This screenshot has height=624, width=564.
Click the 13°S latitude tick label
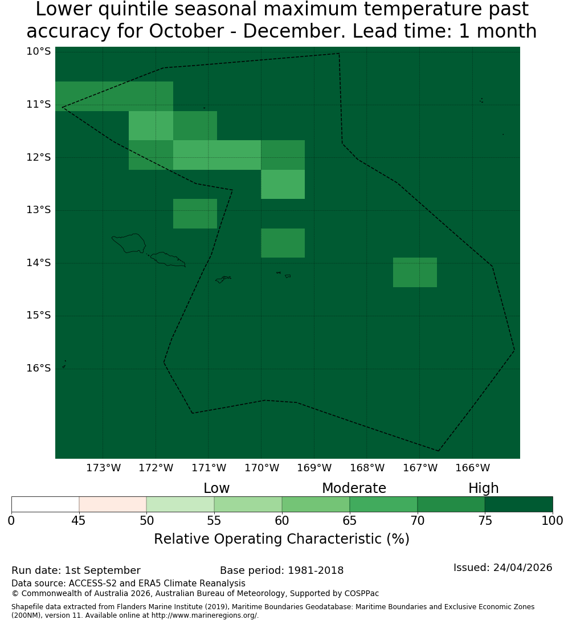[39, 210]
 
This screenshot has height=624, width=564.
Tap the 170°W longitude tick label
[261, 468]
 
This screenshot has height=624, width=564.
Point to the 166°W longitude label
[472, 468]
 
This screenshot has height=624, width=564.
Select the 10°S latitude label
[39, 51]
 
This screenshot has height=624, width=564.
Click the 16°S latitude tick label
[39, 368]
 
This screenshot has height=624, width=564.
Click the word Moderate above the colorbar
[354, 488]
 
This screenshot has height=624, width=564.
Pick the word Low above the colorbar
[216, 488]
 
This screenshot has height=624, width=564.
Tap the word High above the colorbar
[483, 488]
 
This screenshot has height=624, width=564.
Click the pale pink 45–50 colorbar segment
[113, 504]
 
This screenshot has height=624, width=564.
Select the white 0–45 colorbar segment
[46, 504]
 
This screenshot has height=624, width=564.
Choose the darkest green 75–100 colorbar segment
[518, 504]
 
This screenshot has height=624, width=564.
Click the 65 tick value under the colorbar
[350, 520]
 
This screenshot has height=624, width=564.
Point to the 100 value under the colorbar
[553, 520]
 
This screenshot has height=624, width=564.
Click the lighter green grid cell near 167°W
[415, 272]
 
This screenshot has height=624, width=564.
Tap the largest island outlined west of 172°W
[129, 243]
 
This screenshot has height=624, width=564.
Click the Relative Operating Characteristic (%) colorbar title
[281, 539]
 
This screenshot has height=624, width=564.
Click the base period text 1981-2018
[316, 570]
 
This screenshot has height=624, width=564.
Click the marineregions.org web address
[205, 615]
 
